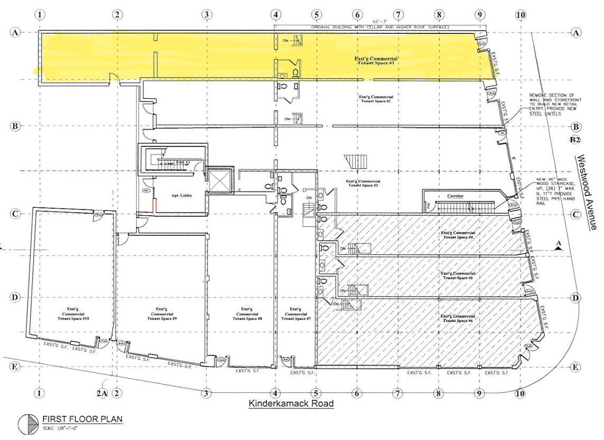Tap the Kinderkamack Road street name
point(292,404)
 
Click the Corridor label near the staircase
point(456,196)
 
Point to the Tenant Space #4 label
point(458,235)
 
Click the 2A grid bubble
point(103,392)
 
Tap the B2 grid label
point(575,140)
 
